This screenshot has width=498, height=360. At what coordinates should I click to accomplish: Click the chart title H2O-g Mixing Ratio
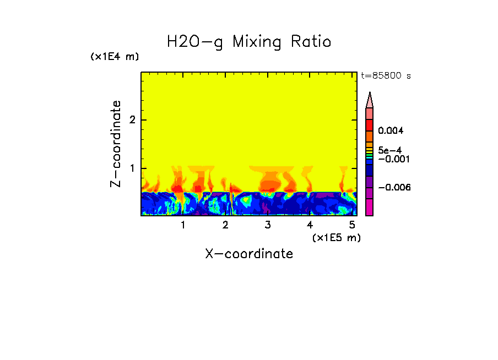click(249, 42)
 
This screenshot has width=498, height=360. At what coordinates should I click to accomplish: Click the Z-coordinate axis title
click(116, 144)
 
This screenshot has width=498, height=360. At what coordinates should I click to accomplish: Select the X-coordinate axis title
click(249, 254)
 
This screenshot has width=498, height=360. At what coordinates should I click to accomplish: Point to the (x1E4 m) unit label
click(115, 57)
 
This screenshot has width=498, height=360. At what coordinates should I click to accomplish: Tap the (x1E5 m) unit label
click(336, 237)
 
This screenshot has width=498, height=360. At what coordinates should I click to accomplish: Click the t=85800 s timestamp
click(386, 76)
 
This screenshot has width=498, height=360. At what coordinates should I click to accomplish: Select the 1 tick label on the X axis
click(183, 225)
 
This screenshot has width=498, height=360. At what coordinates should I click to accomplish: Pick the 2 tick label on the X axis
click(225, 225)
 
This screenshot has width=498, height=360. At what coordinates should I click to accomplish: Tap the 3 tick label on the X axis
click(268, 225)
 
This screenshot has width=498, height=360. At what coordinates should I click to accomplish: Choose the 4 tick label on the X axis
click(310, 225)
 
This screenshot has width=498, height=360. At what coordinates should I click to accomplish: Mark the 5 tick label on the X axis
click(352, 225)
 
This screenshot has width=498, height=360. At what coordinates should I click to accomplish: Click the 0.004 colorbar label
click(391, 131)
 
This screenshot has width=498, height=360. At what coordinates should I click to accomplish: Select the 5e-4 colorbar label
click(389, 150)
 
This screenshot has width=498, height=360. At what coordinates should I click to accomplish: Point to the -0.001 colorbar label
click(391, 159)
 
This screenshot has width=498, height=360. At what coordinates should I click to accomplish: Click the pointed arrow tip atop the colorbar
click(370, 99)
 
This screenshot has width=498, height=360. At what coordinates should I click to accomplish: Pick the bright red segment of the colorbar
click(370, 124)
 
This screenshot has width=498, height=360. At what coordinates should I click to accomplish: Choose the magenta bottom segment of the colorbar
click(370, 208)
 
